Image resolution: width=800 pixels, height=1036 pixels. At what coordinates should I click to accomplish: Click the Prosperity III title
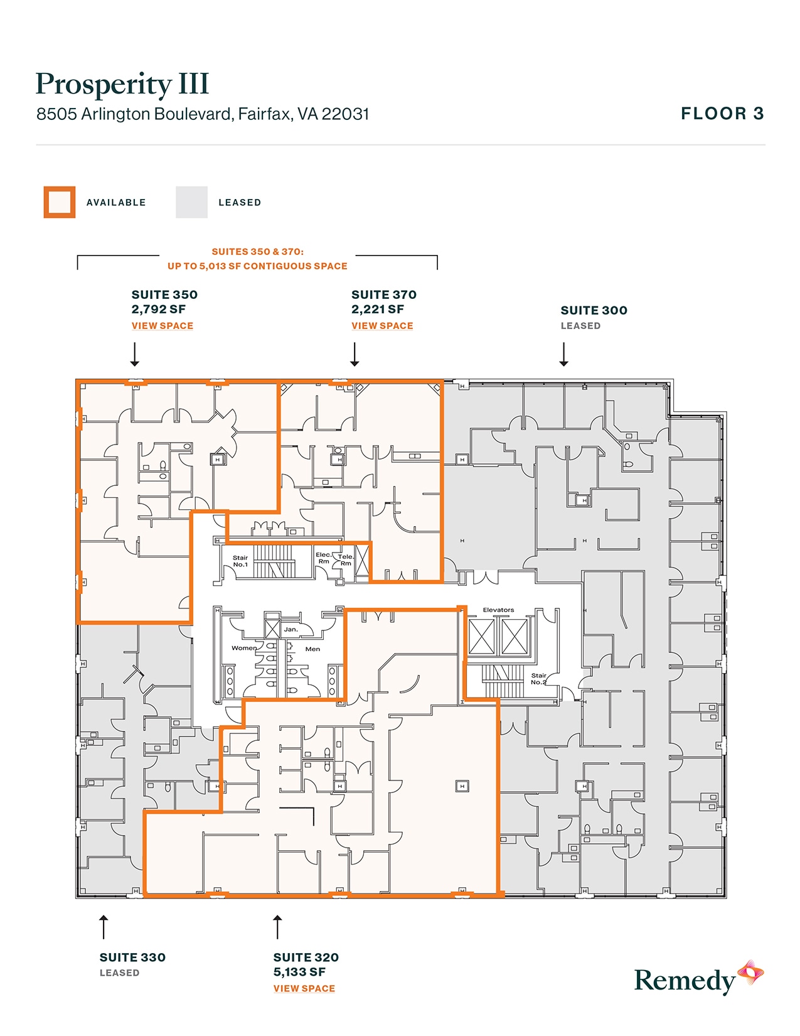(x=122, y=84)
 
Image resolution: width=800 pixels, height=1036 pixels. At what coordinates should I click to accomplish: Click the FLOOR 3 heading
(x=722, y=114)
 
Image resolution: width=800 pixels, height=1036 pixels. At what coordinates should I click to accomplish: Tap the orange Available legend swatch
(x=60, y=202)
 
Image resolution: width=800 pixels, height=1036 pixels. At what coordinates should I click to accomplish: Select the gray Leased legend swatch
(x=191, y=202)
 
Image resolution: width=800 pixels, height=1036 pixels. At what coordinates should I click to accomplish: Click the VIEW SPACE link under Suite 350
(x=163, y=326)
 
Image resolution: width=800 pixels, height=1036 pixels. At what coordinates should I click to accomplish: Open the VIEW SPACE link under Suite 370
(x=382, y=326)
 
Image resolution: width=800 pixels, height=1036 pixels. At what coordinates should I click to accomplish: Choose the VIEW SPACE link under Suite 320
(x=304, y=988)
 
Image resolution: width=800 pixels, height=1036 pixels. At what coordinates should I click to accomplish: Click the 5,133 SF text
(x=299, y=972)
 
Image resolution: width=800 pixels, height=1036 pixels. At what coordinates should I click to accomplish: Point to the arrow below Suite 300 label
(x=563, y=354)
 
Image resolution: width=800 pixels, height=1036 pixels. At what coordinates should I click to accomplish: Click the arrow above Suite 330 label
(x=104, y=927)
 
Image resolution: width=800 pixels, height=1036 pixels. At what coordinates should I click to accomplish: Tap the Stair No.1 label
(x=240, y=561)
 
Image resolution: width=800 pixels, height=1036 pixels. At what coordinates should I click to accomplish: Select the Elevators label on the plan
(x=498, y=610)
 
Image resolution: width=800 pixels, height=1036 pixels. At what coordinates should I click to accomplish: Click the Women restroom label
(x=244, y=648)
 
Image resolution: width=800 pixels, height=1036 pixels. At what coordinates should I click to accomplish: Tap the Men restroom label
(x=312, y=649)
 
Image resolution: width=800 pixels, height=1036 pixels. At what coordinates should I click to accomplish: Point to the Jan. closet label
(x=291, y=629)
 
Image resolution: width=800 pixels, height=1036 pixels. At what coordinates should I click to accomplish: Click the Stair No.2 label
(x=538, y=679)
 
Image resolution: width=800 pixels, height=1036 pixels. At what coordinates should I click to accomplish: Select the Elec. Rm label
(x=324, y=558)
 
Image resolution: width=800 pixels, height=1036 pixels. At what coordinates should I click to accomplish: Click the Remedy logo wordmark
(x=685, y=981)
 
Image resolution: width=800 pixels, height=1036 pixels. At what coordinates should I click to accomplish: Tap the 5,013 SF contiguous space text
(x=257, y=266)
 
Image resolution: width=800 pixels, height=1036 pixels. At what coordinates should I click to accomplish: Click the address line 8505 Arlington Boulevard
(x=203, y=114)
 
